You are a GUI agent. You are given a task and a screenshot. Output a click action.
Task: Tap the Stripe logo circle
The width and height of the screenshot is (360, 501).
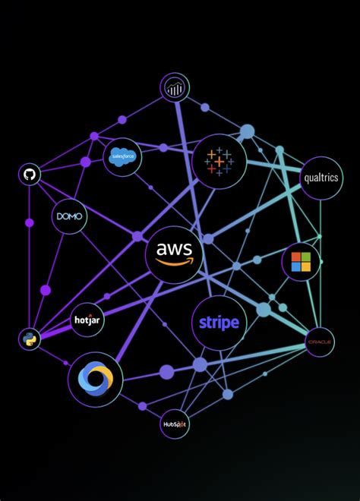coord(219,323)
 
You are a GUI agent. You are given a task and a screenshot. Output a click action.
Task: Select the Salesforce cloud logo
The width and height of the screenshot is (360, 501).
coord(122,157)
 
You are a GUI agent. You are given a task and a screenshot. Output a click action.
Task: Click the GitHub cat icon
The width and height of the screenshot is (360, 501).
coord(30,175)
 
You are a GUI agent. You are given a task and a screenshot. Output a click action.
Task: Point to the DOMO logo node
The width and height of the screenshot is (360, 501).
coord(69,217)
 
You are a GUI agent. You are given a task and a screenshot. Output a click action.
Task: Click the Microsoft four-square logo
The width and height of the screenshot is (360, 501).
coord(301,262)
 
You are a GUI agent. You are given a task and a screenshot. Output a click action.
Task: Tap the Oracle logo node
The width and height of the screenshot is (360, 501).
coord(320,342)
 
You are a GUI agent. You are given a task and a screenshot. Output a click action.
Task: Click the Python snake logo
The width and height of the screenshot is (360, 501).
coord(30,339)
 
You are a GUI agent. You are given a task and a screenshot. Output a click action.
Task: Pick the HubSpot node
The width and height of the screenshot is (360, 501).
coord(174,424)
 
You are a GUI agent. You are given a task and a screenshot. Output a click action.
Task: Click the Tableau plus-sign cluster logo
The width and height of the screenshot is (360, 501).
coord(219,162)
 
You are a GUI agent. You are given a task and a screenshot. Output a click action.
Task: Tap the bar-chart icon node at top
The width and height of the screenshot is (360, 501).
coord(175,88)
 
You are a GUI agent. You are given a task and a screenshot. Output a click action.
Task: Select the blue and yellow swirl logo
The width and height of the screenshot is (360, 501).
coord(95,379)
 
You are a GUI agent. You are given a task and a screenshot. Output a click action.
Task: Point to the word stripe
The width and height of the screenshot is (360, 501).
coord(219,323)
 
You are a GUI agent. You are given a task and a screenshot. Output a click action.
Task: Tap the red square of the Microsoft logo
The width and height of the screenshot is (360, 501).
coord(296,257)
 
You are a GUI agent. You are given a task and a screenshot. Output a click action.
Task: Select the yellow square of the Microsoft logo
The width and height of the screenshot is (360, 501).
coord(306,267)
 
